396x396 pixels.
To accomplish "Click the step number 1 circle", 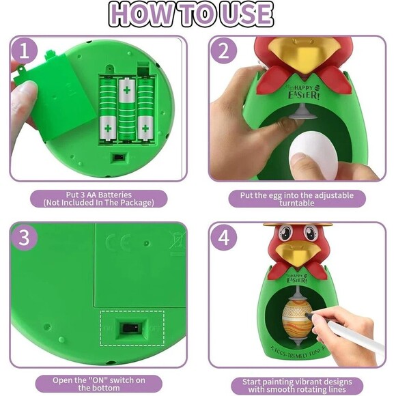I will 25,51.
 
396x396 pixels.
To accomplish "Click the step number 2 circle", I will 223,51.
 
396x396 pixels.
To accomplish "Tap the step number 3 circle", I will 25,238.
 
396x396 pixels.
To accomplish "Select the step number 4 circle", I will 223,238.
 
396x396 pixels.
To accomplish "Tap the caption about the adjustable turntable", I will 296,198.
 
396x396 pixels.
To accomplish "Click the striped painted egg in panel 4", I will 293,316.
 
